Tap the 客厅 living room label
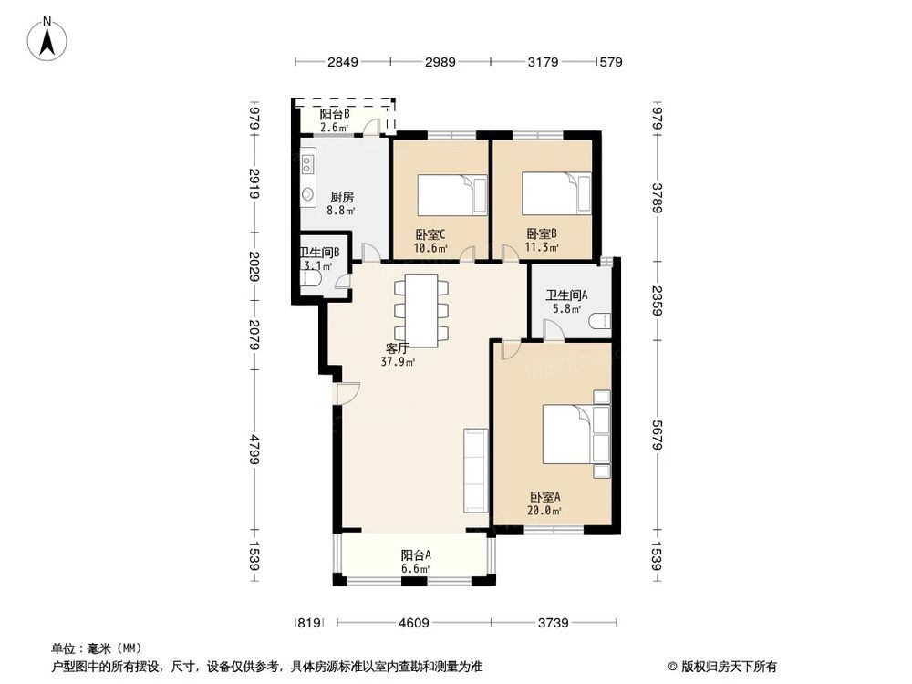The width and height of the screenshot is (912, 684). pos(398,347)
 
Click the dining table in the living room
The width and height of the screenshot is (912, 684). pos(421,309)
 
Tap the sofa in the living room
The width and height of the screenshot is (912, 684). pos(475,469)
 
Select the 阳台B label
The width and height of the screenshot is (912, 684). pos(335,115)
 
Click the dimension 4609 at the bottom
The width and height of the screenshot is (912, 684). pos(414,624)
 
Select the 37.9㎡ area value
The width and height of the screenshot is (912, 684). pos(398,361)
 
